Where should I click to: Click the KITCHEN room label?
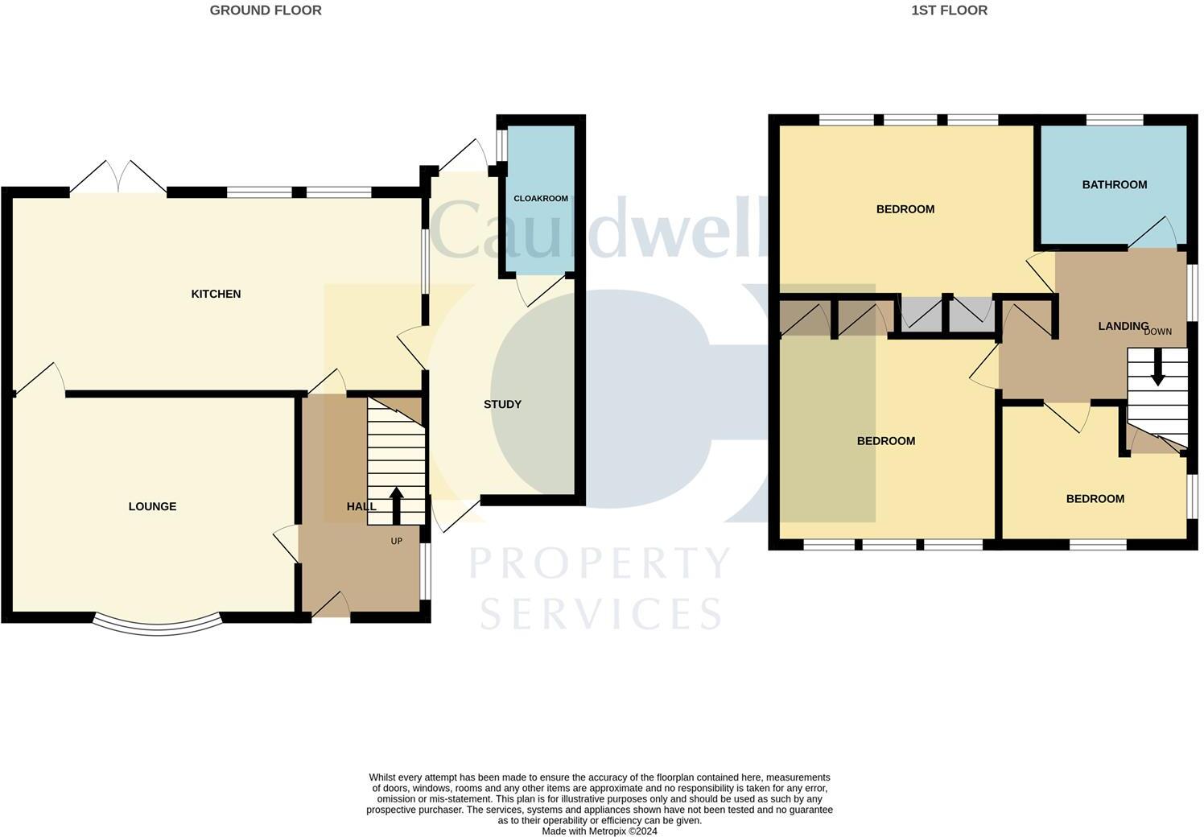216,294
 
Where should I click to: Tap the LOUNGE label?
152,506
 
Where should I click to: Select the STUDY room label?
502,404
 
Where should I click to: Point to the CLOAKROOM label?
541,198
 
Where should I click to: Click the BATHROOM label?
1114,184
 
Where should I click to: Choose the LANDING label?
1123,326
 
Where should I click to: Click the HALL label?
361,506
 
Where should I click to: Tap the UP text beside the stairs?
396,541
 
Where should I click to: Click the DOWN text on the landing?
1157,332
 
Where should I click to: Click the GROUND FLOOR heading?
266,10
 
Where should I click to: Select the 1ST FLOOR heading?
949,10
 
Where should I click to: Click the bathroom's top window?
1115,120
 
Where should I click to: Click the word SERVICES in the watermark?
600,614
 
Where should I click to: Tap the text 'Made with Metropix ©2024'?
600,831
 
